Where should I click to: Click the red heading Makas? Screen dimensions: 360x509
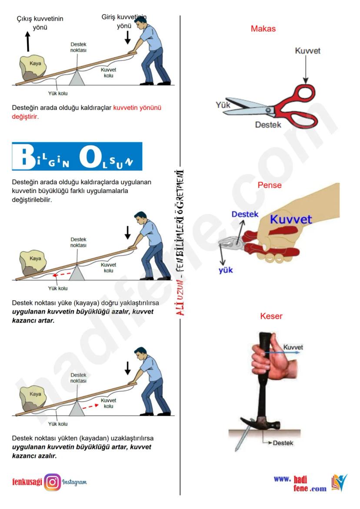pos(263,29)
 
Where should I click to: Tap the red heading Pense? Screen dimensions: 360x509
pos(270,185)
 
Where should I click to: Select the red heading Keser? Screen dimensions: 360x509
pos(271,316)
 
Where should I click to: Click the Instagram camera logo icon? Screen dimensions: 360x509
pos(52,482)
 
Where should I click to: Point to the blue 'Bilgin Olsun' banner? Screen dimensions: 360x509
pos(77,156)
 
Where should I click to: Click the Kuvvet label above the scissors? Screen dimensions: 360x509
pos(307,51)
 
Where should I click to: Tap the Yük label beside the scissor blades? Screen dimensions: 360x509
pos(223,105)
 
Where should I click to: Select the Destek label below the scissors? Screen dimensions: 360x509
pos(268,125)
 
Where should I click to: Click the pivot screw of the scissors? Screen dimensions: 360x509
pos(268,110)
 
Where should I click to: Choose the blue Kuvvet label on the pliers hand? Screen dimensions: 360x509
pos(291,219)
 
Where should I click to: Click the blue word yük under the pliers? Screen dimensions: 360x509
pos(226,270)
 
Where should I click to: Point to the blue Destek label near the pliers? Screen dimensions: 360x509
pos(245,214)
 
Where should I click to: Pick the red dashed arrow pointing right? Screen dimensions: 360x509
pos(90,406)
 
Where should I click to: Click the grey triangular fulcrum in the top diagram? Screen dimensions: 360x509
pos(77,78)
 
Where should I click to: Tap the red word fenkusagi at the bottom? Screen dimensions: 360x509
pos(27,482)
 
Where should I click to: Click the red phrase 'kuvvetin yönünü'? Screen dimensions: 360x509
pos(137,108)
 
